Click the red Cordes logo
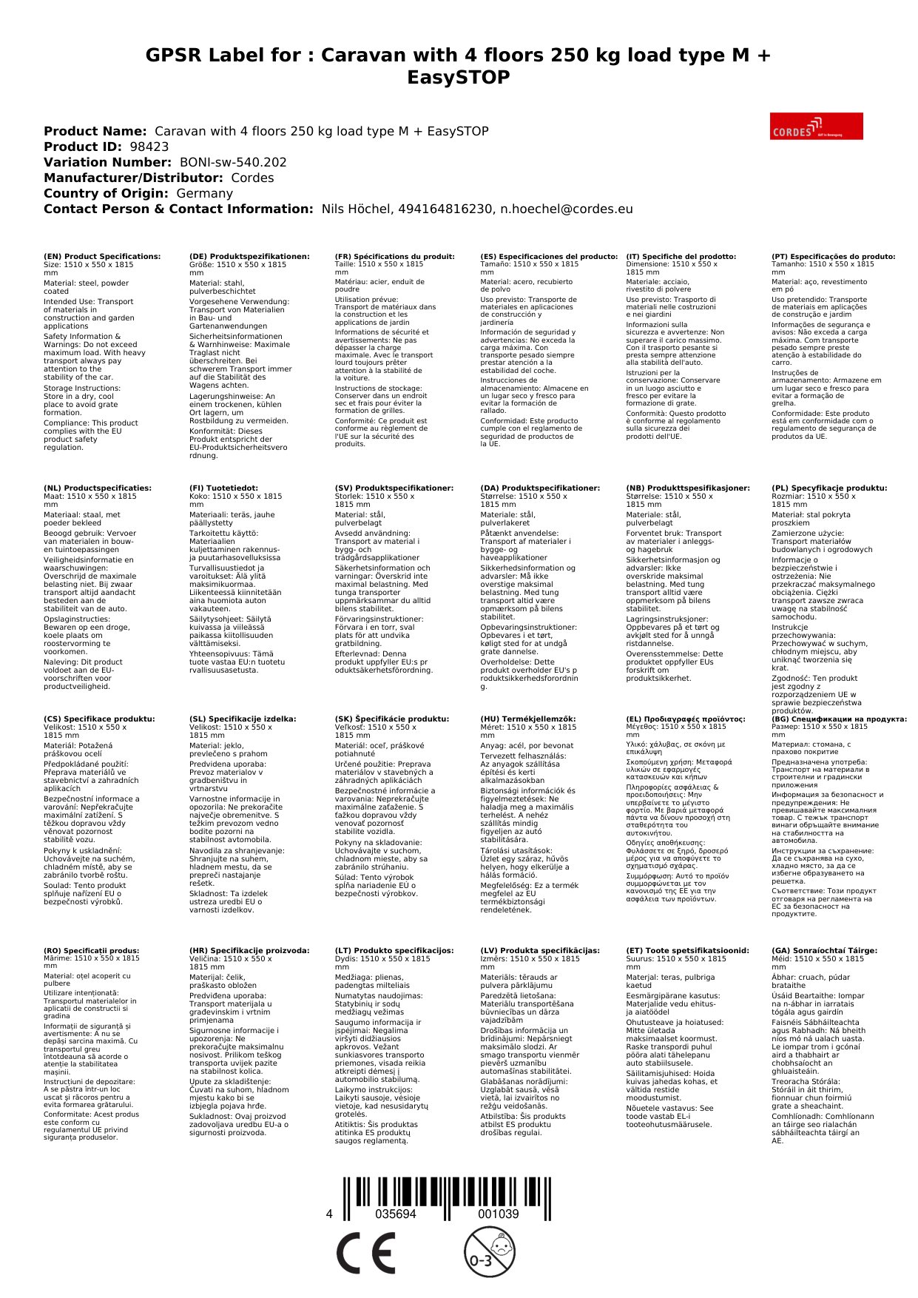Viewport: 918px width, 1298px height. tap(816, 126)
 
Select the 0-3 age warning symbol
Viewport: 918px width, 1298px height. tap(488, 1252)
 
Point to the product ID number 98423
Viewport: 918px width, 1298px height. tap(149, 147)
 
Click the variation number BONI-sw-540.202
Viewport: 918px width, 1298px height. tap(233, 162)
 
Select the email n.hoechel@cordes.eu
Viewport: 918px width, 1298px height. tap(566, 209)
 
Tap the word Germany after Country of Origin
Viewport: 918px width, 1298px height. tap(204, 193)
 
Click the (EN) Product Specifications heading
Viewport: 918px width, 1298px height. tap(102, 257)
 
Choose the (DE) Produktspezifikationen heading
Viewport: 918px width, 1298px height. tap(249, 257)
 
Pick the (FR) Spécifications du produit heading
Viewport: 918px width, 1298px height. tap(394, 257)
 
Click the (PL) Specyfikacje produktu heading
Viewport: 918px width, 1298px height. tap(829, 488)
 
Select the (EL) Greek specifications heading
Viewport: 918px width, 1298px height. tap(686, 719)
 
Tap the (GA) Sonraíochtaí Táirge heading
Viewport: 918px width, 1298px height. tap(824, 951)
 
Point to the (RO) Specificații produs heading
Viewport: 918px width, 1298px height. tap(92, 951)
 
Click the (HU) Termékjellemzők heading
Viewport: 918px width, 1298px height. tap(527, 719)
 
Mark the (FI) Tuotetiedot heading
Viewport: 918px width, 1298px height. tap(223, 488)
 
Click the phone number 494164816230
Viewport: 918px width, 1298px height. tap(445, 209)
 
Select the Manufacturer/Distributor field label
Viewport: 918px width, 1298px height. tap(133, 178)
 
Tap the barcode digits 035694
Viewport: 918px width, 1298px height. tap(396, 1214)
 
